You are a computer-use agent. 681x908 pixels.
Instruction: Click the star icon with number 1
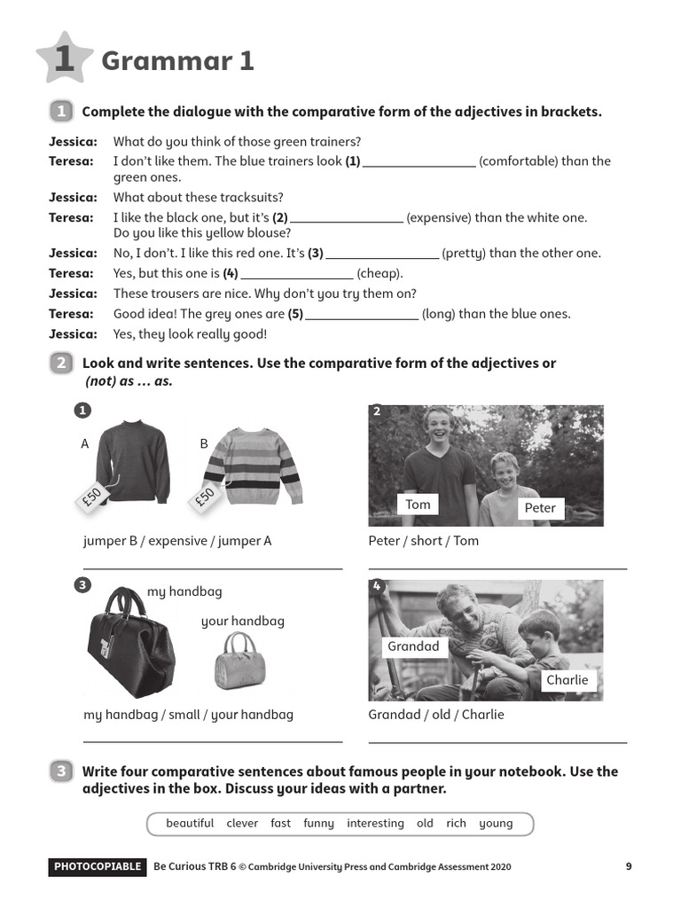click(x=64, y=59)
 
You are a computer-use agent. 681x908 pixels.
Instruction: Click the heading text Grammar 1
click(x=177, y=60)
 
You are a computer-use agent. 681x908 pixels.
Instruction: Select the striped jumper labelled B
click(x=254, y=466)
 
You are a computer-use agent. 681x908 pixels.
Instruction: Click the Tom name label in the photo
click(x=418, y=505)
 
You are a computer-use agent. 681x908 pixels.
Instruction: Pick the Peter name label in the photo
click(x=539, y=508)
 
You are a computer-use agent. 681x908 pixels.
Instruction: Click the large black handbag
click(x=130, y=643)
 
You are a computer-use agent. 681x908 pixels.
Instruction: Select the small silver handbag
click(x=235, y=661)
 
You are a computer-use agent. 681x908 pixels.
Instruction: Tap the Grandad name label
click(x=413, y=646)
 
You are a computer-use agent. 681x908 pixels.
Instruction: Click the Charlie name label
click(x=567, y=680)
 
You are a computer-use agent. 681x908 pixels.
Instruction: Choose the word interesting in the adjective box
click(x=375, y=824)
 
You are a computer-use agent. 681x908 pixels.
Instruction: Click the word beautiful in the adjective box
click(x=190, y=824)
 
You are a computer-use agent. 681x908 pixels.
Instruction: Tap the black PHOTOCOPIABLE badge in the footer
click(x=98, y=867)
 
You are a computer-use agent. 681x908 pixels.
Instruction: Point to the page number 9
click(x=629, y=867)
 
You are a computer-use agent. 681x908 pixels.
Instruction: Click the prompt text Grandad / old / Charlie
click(x=435, y=715)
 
